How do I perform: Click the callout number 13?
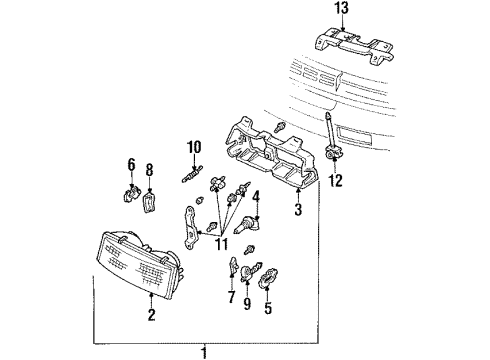point(342,10)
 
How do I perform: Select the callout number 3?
point(297,209)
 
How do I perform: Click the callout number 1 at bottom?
point(203,352)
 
